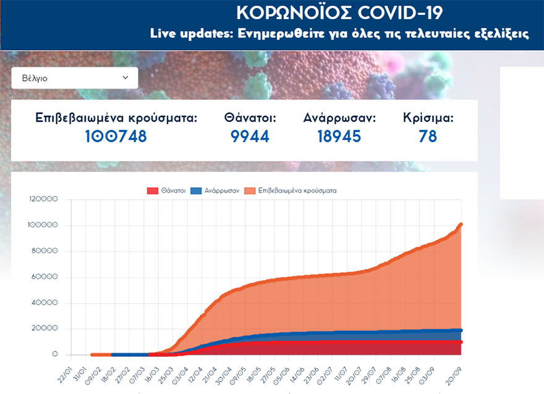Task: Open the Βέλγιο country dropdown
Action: click(74, 78)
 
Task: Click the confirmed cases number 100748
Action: click(116, 137)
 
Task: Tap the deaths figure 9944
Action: click(250, 137)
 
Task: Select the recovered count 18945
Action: click(339, 137)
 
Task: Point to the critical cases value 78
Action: click(428, 137)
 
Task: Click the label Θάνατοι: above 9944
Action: click(250, 118)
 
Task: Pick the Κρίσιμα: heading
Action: click(428, 118)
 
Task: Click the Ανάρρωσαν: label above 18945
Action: click(339, 118)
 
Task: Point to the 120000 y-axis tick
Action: click(43, 200)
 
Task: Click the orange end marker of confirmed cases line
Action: click(461, 225)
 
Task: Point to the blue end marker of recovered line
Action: click(461, 330)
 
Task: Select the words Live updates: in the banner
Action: click(189, 33)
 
